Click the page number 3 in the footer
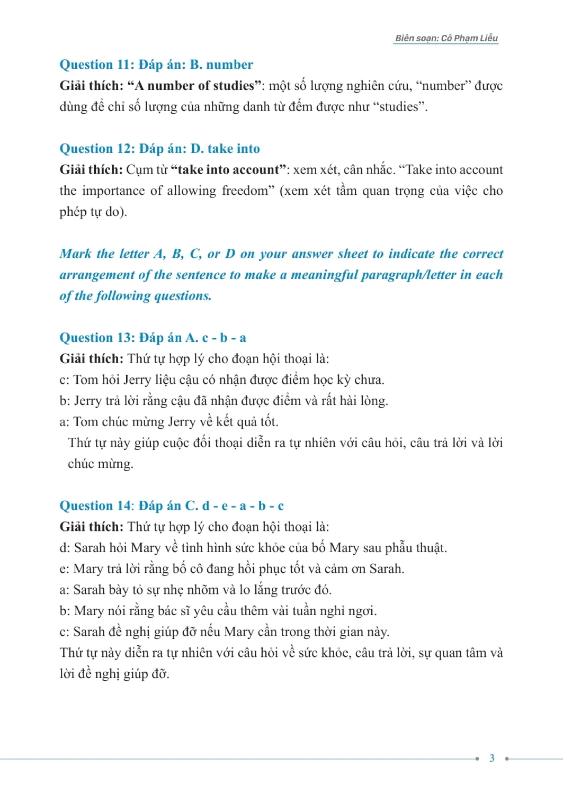(x=491, y=758)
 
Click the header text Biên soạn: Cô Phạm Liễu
(x=446, y=38)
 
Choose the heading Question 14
(x=95, y=506)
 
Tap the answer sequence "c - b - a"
(x=224, y=338)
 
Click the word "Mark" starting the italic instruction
(x=76, y=254)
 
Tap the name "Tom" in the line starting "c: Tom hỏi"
(x=85, y=380)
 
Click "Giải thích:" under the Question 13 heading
(x=91, y=359)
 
